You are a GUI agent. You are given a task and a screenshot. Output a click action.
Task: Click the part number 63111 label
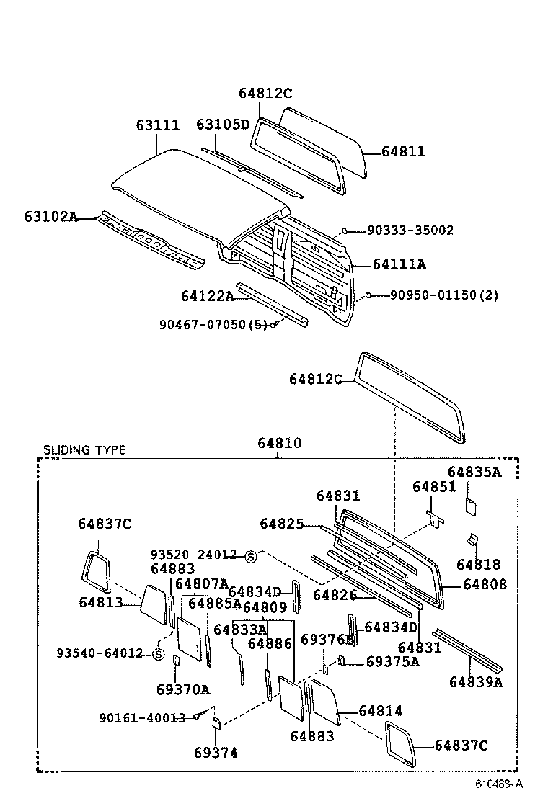coord(157,125)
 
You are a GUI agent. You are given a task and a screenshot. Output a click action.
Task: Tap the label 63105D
coord(223,125)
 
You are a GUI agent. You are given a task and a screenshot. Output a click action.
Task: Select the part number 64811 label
coord(403,152)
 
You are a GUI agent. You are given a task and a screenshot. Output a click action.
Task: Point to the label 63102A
coord(50,216)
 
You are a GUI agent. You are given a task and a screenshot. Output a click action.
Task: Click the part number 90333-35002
coord(410,231)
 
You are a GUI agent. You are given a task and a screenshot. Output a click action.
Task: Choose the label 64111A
coord(399,264)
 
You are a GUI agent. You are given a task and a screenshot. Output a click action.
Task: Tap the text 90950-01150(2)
coord(444,295)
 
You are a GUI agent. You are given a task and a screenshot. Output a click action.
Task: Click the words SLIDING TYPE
coord(84,450)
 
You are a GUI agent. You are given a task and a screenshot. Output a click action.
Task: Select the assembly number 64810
coord(280,444)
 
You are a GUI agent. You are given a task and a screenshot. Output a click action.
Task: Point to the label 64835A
coord(474,472)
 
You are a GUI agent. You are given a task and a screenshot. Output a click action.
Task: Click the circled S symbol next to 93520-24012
coord(251,556)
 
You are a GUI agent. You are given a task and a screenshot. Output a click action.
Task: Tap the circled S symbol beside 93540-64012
coord(158,654)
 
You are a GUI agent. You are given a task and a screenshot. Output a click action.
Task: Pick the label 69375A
coord(392,662)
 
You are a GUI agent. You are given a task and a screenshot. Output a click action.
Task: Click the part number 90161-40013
coord(142,717)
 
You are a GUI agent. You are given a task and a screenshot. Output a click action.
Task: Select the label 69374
coord(216,753)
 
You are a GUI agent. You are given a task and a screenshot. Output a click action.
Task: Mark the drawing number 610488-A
coord(498,784)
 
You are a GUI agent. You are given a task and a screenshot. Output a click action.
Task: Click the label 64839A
coord(476,681)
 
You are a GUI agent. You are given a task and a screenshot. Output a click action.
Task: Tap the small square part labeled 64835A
coord(469,505)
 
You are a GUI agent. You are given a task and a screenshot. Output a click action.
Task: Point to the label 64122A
coord(208,296)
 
